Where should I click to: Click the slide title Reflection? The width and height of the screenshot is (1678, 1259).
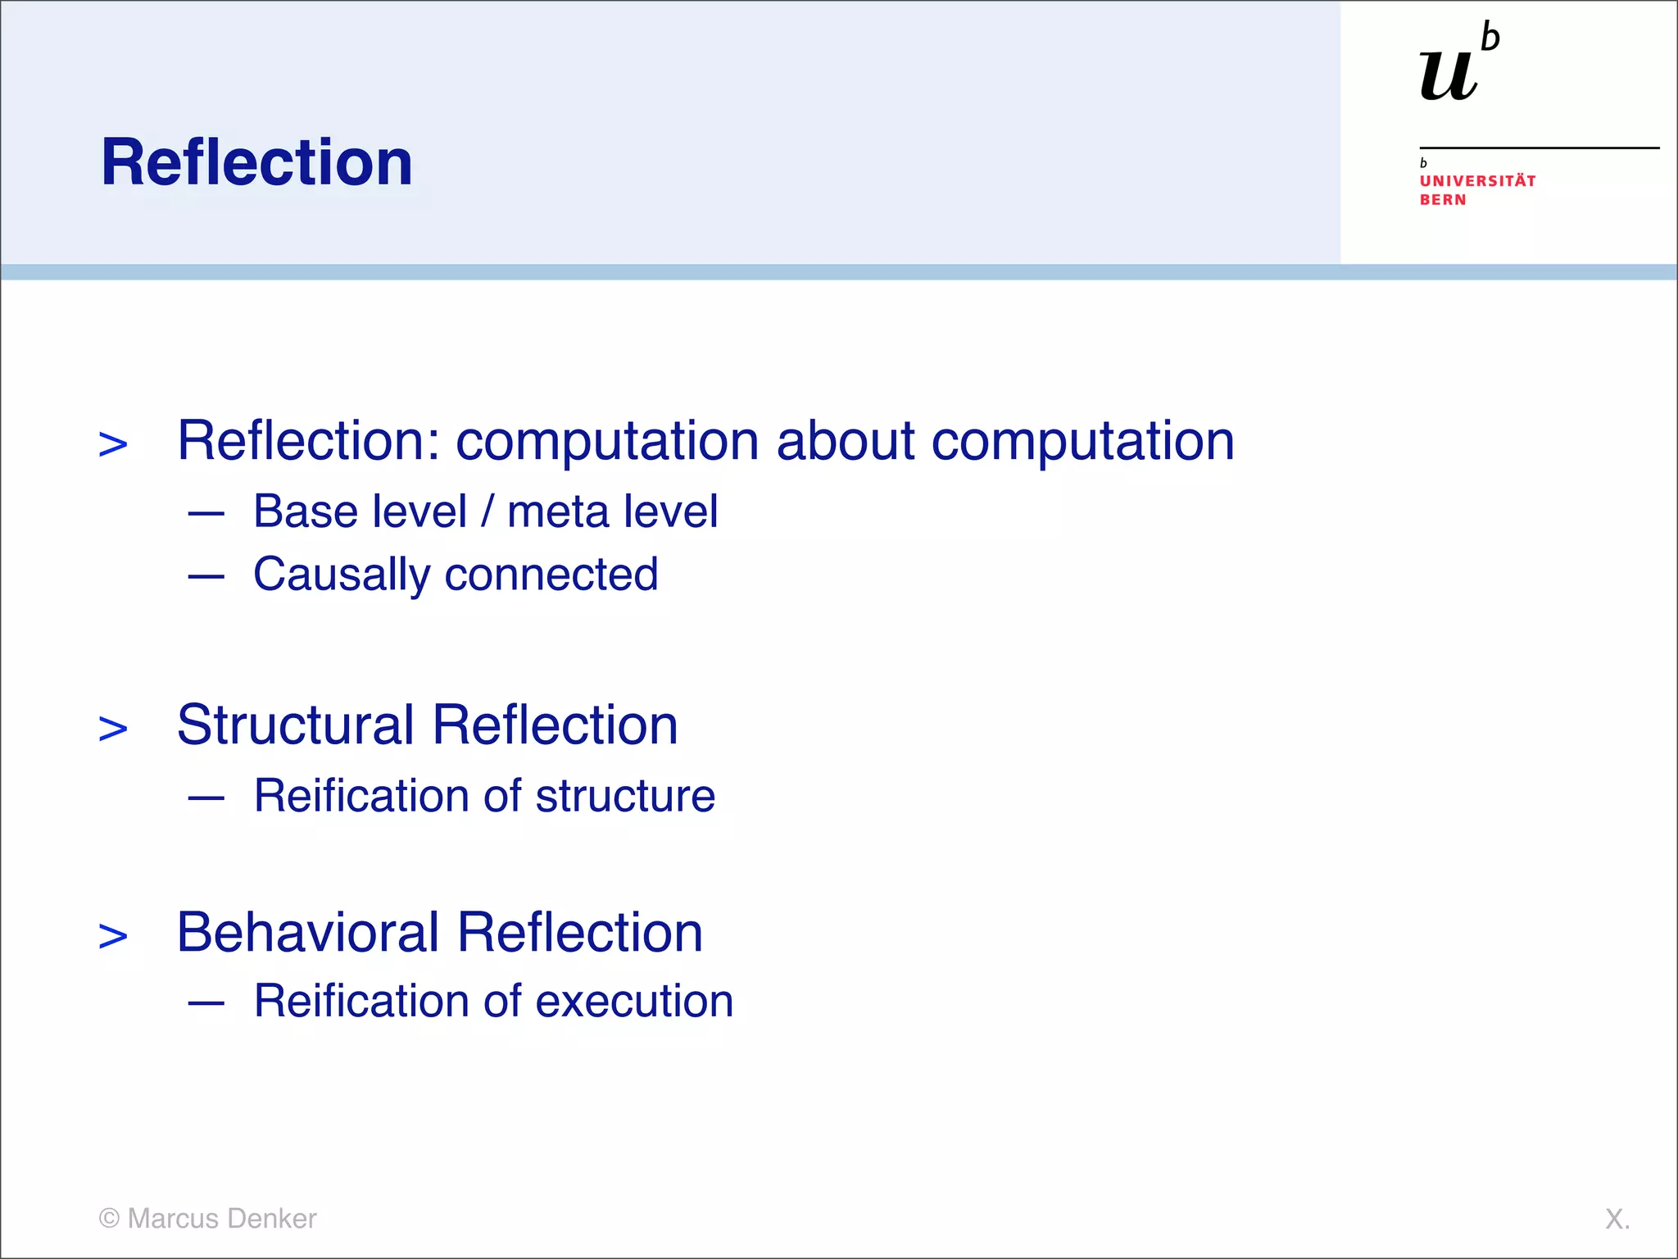click(x=256, y=162)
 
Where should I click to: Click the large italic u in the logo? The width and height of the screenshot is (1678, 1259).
click(x=1449, y=75)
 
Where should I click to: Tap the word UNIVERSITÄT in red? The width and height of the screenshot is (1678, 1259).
click(x=1477, y=181)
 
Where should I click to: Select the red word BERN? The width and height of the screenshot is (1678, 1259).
click(x=1443, y=200)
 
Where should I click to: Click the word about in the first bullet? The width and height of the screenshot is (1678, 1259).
click(x=844, y=441)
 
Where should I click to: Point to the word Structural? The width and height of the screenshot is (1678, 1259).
click(x=295, y=725)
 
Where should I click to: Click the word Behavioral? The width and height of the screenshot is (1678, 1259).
click(x=308, y=933)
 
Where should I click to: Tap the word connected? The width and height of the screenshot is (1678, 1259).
click(x=551, y=575)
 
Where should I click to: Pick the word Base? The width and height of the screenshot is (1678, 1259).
click(x=306, y=512)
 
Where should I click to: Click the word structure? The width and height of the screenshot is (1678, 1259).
click(x=625, y=796)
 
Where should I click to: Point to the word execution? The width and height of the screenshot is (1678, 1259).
click(x=634, y=1002)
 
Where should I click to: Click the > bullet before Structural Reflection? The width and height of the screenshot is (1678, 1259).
click(x=113, y=729)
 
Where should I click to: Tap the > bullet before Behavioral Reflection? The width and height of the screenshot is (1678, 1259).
click(x=113, y=936)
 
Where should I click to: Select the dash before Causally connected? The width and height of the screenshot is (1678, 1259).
click(x=206, y=576)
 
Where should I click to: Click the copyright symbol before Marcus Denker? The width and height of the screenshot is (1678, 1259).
click(x=109, y=1218)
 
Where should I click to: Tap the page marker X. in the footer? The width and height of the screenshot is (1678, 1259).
click(x=1617, y=1219)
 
